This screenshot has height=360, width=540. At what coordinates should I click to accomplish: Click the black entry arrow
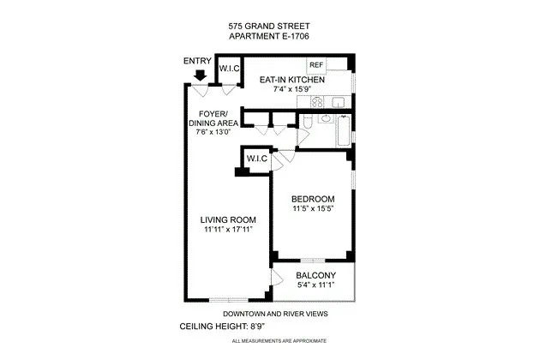pos(200,75)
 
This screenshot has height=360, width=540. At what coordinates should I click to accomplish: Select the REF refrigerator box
pos(315,64)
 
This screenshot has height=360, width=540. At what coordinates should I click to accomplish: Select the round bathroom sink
pos(324,119)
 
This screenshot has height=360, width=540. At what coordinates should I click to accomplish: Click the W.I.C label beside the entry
pos(229,69)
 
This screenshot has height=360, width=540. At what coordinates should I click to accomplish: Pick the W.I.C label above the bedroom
pos(257,159)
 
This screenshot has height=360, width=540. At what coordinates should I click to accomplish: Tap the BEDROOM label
pos(312,199)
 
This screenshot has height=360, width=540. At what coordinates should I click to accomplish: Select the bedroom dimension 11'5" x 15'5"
pos(312,209)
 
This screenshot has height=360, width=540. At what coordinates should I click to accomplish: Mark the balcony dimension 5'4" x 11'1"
pos(315,285)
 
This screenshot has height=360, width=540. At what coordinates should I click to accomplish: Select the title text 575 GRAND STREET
pos(270,27)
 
